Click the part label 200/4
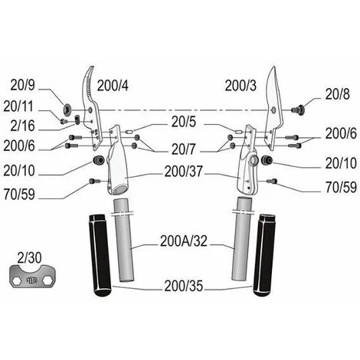click(113, 86)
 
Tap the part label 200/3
click(241, 86)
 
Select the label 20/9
click(22, 85)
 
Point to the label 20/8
click(337, 94)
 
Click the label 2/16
click(22, 126)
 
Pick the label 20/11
click(18, 106)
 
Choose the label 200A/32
click(184, 241)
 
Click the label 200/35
click(184, 286)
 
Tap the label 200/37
click(184, 172)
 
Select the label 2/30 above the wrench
click(29, 258)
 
